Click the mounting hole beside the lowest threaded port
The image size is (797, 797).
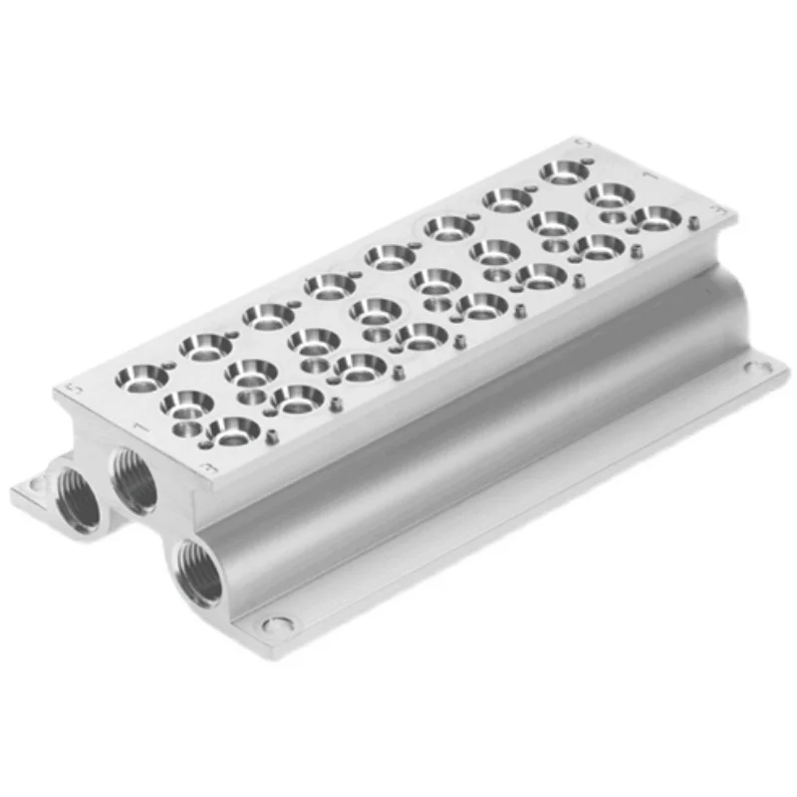[279, 625]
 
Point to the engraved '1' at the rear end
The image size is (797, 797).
[649, 175]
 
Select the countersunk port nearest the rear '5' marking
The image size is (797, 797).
[565, 171]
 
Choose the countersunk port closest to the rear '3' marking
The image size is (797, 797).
[658, 217]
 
